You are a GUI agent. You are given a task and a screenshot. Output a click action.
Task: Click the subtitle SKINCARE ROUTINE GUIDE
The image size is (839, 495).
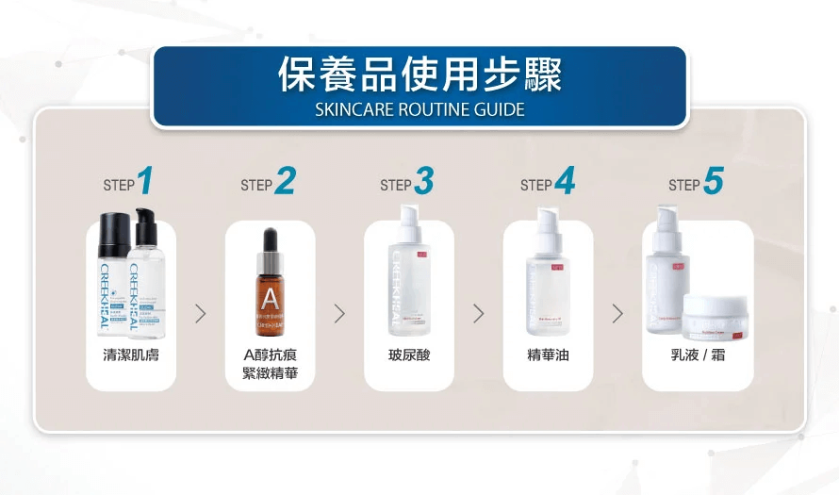click(419, 109)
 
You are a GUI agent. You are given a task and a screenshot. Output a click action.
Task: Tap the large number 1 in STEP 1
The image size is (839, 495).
click(145, 181)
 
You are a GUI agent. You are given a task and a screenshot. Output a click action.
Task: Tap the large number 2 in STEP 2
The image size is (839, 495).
click(284, 181)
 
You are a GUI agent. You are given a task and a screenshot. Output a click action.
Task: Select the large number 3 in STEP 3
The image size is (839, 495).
click(423, 181)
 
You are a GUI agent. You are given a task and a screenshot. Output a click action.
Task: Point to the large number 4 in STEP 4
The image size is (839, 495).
click(564, 181)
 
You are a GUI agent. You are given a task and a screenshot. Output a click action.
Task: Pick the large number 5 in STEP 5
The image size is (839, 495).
click(713, 181)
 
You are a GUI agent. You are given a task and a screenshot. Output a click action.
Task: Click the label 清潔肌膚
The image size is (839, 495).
click(131, 355)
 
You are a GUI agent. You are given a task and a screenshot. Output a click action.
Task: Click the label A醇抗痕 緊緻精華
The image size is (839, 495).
click(270, 363)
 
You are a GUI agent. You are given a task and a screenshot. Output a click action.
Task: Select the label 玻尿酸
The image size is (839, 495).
click(409, 355)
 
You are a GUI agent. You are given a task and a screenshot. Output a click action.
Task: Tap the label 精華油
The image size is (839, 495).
click(548, 355)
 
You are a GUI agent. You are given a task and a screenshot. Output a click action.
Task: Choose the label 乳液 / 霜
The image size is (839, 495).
click(698, 355)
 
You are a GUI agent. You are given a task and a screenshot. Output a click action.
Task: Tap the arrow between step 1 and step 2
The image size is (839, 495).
click(200, 314)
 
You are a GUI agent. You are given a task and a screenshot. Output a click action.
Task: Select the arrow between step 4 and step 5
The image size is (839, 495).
click(617, 314)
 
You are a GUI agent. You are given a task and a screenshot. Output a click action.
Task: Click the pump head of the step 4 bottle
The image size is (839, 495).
click(548, 224)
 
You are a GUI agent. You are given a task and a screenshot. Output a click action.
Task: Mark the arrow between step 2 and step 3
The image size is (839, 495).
click(339, 314)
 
